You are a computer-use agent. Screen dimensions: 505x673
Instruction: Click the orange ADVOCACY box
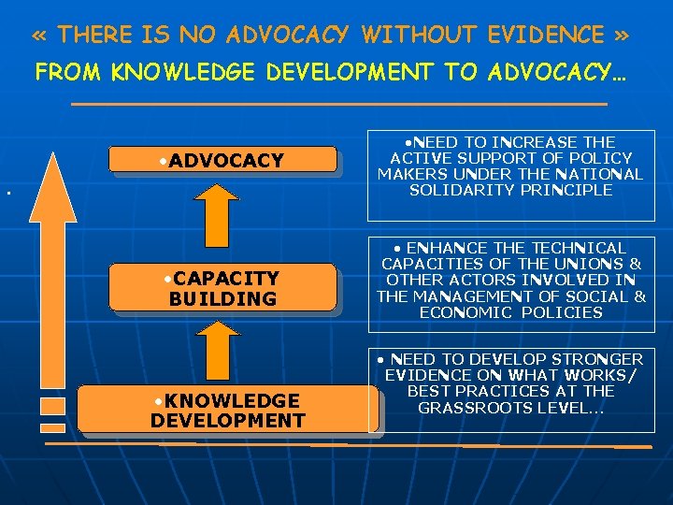(222, 160)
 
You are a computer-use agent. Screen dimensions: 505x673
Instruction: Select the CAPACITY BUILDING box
(222, 288)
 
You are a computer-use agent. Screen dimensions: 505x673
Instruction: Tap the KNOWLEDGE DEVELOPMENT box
(227, 410)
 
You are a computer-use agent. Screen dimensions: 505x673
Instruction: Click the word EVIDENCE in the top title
(546, 36)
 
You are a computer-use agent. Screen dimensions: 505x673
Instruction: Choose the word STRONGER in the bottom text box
(595, 359)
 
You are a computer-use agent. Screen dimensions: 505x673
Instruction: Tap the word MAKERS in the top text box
(410, 174)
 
